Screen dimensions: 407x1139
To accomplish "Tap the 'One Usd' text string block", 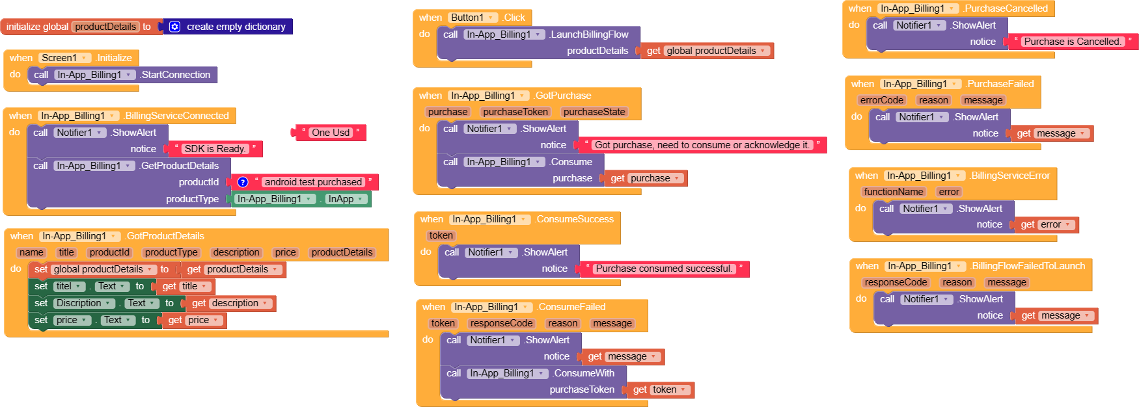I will pyautogui.click(x=331, y=133).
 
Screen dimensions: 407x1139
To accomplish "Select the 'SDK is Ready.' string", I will pyautogui.click(x=215, y=149).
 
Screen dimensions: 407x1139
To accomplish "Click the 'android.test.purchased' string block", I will pyautogui.click(x=312, y=182).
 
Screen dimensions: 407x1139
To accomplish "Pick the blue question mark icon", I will pyautogui.click(x=243, y=182).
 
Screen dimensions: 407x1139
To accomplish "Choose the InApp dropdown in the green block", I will pyautogui.click(x=346, y=199).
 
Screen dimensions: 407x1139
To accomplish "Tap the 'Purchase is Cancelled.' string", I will pyautogui.click(x=1072, y=42).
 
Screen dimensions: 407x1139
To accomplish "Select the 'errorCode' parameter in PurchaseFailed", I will pyautogui.click(x=881, y=100).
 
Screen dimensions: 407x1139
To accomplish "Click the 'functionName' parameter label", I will pyautogui.click(x=893, y=192).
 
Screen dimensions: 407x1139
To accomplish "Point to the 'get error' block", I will pyautogui.click(x=1045, y=224).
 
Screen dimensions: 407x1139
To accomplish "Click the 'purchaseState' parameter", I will pyautogui.click(x=594, y=112).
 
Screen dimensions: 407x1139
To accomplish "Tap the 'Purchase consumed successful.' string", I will pyautogui.click(x=663, y=269).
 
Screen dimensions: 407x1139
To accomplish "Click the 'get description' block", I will pyautogui.click(x=230, y=303).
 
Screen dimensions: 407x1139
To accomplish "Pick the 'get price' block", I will pyautogui.click(x=193, y=320).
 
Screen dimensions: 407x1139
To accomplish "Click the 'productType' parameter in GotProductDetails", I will pyautogui.click(x=171, y=252).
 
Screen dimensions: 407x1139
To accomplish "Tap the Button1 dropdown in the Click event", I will pyautogui.click(x=473, y=18).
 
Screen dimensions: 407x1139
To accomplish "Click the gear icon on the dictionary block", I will pyautogui.click(x=174, y=27).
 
